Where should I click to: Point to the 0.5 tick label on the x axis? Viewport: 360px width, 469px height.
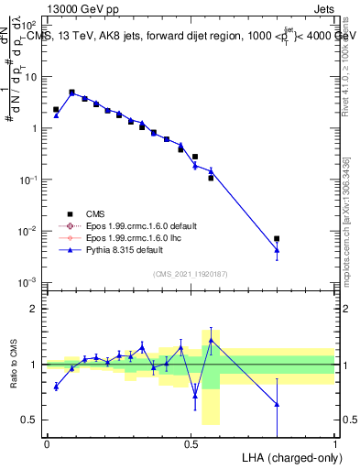pyautogui.click(x=191, y=443)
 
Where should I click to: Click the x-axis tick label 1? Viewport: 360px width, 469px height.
pyautogui.click(x=334, y=443)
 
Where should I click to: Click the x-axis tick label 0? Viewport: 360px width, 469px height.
pyautogui.click(x=47, y=443)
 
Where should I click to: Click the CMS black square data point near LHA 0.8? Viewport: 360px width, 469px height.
pyautogui.click(x=277, y=238)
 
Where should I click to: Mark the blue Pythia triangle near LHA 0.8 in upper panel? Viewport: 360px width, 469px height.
pyautogui.click(x=277, y=249)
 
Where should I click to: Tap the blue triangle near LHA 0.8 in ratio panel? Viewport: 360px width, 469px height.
pyautogui.click(x=277, y=404)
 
